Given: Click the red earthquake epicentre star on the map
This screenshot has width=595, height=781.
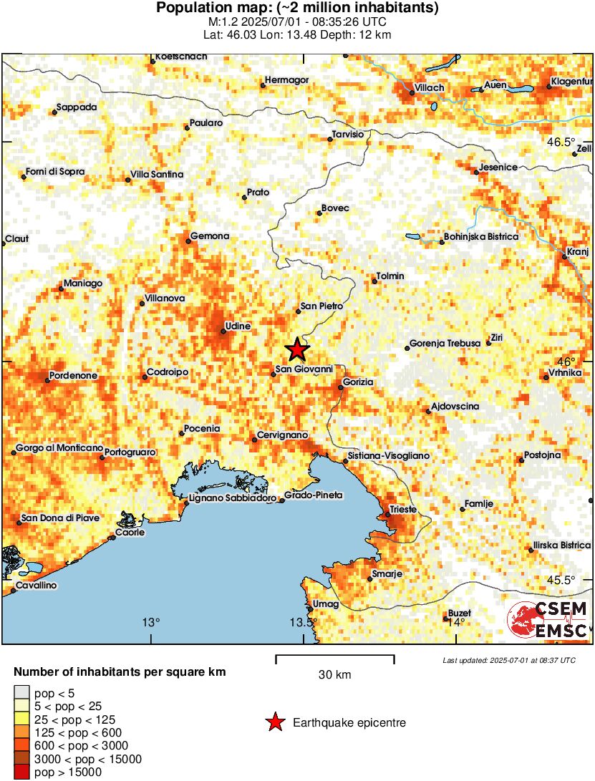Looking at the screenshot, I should [297, 350].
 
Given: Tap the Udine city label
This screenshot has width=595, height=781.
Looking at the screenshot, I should [238, 326].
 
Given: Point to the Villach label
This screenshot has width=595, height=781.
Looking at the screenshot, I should [428, 88].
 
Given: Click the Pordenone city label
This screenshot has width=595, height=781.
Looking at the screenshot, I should [73, 375].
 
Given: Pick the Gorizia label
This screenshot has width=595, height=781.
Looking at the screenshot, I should [358, 382].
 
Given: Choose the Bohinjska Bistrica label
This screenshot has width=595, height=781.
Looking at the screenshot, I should [481, 236].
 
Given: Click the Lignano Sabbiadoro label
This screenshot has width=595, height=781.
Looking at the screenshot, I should [233, 497].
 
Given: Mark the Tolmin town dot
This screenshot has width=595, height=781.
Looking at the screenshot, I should [374, 281].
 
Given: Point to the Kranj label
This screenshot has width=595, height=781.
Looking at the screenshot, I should [576, 252].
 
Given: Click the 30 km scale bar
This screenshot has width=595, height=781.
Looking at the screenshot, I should [334, 656].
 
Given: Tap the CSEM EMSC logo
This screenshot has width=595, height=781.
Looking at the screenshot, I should [548, 619].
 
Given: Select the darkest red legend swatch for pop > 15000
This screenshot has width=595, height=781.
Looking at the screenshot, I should [21, 772].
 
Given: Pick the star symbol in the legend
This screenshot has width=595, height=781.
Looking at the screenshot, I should [274, 723].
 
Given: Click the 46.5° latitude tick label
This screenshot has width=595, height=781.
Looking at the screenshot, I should [561, 141].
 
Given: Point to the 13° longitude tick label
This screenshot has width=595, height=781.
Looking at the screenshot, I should [151, 622].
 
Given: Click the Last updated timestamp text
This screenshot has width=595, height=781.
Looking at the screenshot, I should [508, 660].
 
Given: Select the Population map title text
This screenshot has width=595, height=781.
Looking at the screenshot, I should [297, 9].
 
